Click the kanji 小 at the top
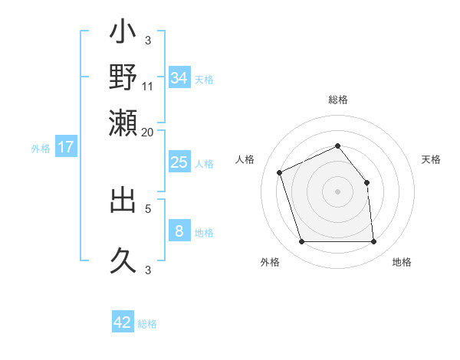(123, 34)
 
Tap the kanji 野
(123, 77)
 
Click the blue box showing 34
(179, 77)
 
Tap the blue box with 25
(179, 162)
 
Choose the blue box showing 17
(66, 147)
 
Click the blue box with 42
(123, 322)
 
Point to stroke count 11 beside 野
(148, 86)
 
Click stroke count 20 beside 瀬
(148, 131)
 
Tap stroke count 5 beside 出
(148, 207)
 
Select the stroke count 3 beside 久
(148, 270)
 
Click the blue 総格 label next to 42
(148, 324)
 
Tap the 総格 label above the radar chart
(338, 100)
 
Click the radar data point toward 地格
(373, 242)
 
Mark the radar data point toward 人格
(280, 172)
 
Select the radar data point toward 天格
(366, 182)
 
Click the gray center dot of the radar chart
(338, 191)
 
